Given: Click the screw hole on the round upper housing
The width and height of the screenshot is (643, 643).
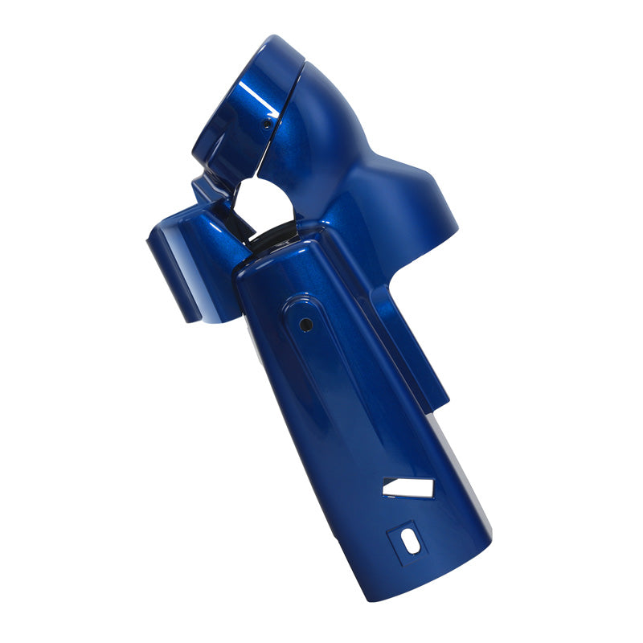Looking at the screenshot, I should point(267,125).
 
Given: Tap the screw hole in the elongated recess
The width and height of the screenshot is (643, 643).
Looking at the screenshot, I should point(305,325).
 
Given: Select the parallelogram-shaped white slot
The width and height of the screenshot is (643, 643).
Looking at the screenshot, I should point(408,487).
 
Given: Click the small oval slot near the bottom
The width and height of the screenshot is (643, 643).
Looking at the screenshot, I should point(410,541).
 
